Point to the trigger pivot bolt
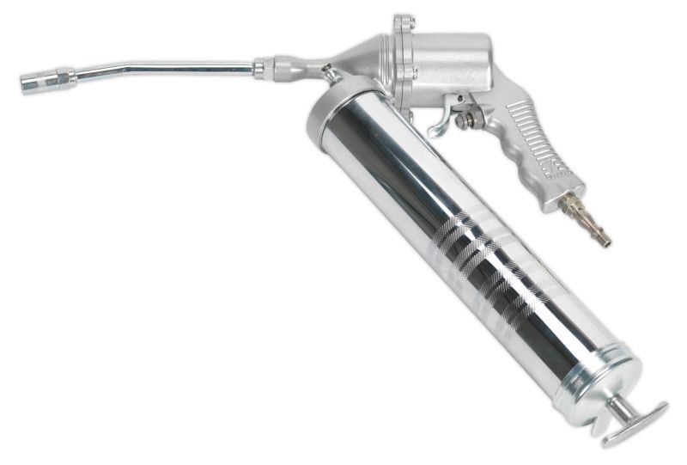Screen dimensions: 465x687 (464, 120)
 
